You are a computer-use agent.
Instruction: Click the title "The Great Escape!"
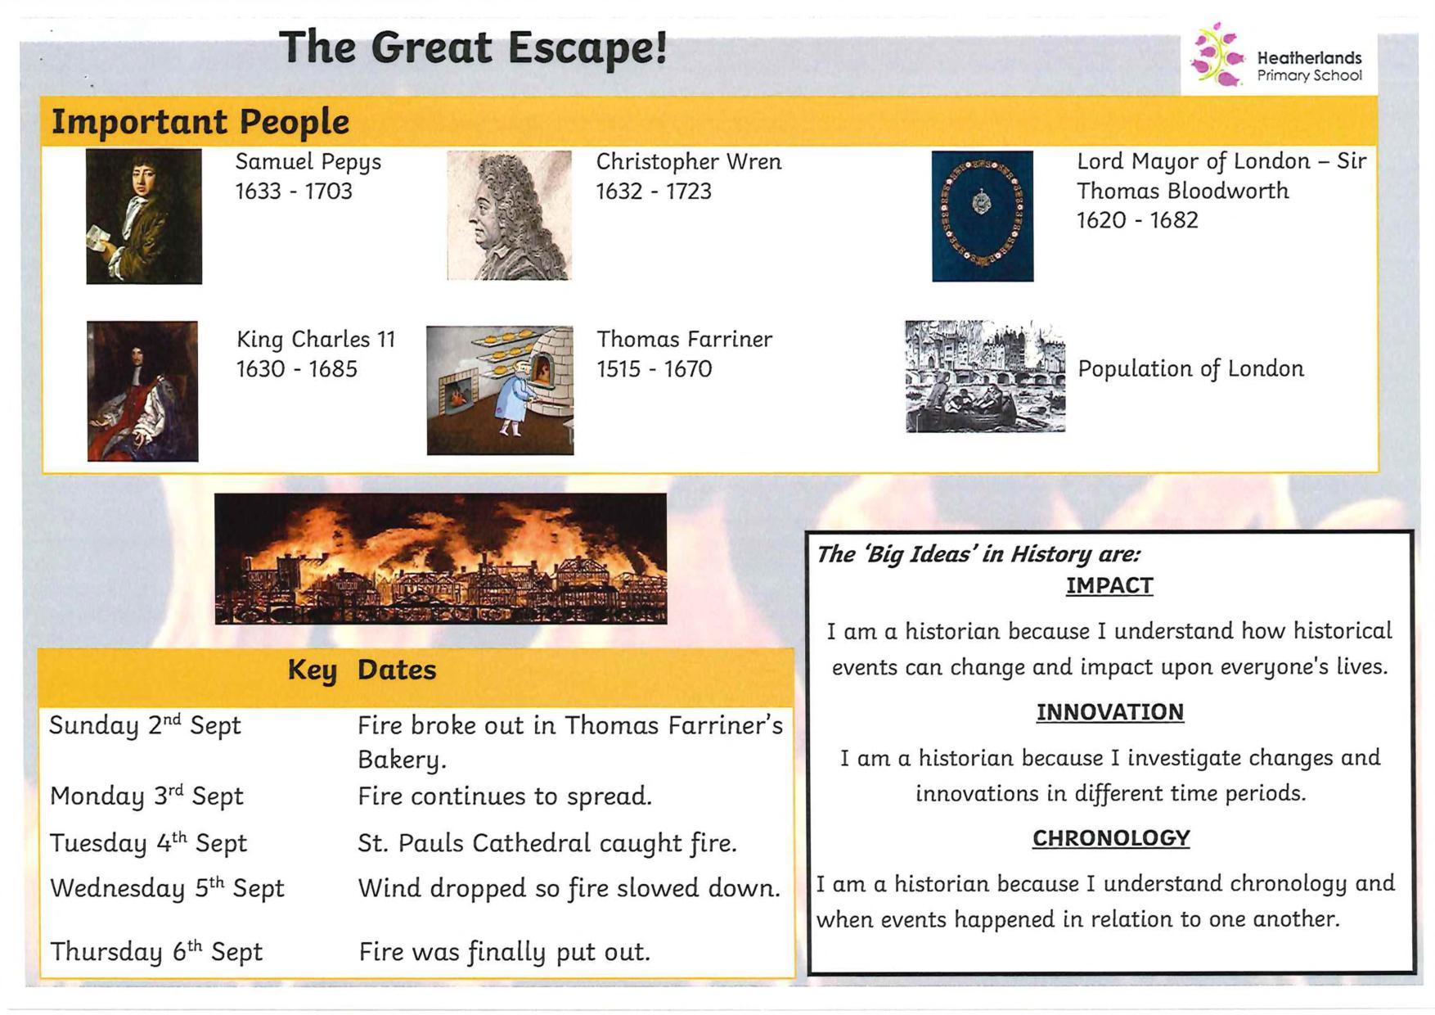pyautogui.click(x=473, y=47)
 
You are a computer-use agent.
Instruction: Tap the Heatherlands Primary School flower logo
pyautogui.click(x=1216, y=54)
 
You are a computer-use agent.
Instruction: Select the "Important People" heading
pyautogui.click(x=200, y=122)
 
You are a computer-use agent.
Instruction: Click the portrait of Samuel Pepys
pyautogui.click(x=144, y=216)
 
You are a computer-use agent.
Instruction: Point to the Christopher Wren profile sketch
pyautogui.click(x=509, y=215)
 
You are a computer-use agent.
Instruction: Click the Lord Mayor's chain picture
pyautogui.click(x=983, y=216)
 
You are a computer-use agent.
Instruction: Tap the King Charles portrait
pyautogui.click(x=142, y=391)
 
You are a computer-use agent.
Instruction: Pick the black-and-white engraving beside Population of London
pyautogui.click(x=985, y=376)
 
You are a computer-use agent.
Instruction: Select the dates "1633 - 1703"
pyautogui.click(x=294, y=192)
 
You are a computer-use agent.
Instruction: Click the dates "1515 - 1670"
pyautogui.click(x=655, y=369)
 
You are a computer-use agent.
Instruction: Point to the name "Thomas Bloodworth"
pyautogui.click(x=1182, y=191)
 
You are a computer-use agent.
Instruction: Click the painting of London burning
pyautogui.click(x=441, y=558)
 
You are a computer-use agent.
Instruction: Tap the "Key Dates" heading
pyautogui.click(x=362, y=670)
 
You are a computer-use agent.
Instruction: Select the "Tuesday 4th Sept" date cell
pyautogui.click(x=148, y=843)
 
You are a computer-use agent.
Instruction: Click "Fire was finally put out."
pyautogui.click(x=505, y=952)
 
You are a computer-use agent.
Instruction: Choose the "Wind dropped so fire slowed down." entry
pyautogui.click(x=569, y=888)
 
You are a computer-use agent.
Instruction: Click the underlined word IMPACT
pyautogui.click(x=1109, y=586)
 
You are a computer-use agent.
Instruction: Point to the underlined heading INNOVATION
pyautogui.click(x=1110, y=712)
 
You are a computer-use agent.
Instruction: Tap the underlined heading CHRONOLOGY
pyautogui.click(x=1111, y=838)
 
